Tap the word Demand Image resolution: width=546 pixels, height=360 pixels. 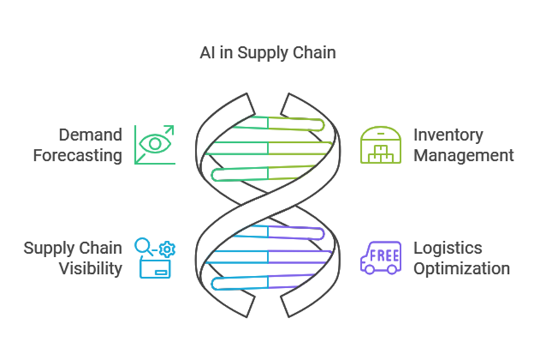tap(90, 134)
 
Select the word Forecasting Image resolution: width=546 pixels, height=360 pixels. tap(77, 155)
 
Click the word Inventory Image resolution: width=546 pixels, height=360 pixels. tap(448, 134)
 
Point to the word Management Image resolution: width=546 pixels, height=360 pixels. tap(463, 155)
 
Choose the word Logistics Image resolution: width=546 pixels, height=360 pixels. tap(447, 248)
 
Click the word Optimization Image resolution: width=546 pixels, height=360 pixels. tap(461, 268)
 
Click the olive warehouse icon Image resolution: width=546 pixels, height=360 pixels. tap(381, 145)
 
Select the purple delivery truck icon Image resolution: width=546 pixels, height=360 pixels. tap(381, 257)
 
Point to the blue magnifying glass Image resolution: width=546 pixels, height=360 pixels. tap(143, 246)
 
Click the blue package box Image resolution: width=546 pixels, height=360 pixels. tap(155, 268)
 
